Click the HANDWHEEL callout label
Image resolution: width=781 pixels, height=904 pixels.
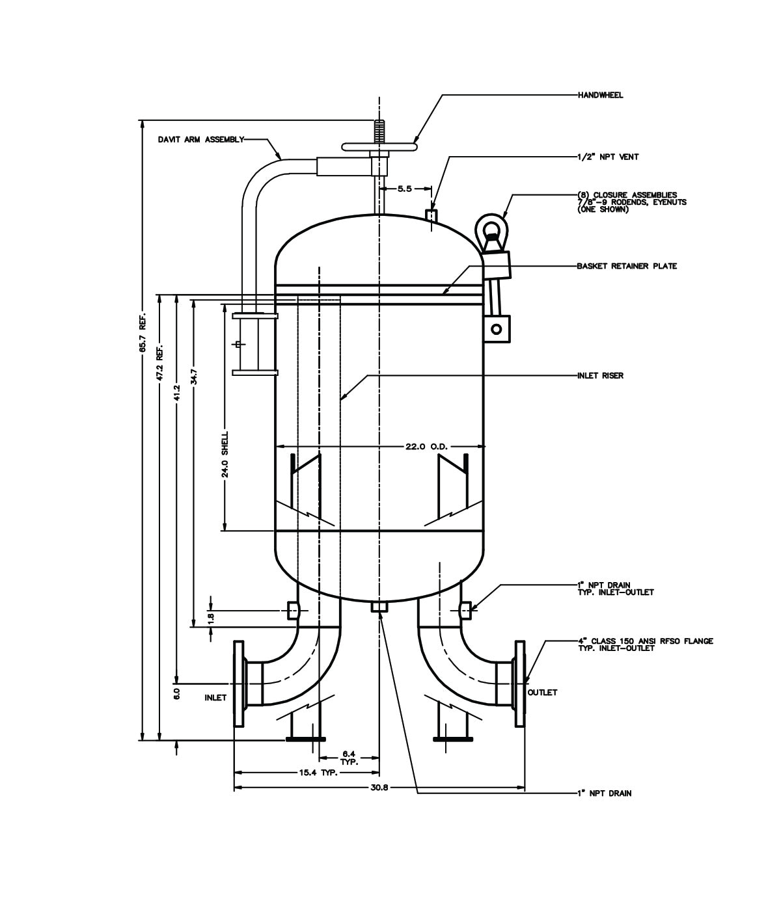600,95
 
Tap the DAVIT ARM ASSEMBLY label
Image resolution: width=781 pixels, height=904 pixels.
200,139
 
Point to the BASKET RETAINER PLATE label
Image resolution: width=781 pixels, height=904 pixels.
626,266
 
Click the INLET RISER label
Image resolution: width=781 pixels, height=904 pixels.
600,375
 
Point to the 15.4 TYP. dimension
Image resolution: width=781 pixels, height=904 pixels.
314,773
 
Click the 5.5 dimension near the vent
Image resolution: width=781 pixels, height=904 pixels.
404,189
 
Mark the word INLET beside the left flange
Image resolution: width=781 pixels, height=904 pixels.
215,698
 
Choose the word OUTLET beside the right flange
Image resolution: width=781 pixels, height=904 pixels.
542,693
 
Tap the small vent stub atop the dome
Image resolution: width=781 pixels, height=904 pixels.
430,214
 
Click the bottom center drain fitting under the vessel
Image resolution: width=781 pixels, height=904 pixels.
379,607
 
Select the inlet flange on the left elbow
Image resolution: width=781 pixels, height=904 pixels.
238,683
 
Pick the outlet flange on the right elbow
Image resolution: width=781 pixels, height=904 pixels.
520,683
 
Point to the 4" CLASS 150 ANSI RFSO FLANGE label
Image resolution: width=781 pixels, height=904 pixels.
644,641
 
